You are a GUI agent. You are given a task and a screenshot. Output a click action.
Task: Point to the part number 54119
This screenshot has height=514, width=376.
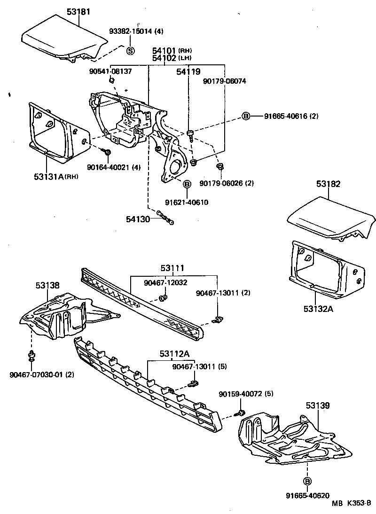(x=188, y=72)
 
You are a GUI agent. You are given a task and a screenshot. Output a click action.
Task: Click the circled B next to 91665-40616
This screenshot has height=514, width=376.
(x=245, y=116)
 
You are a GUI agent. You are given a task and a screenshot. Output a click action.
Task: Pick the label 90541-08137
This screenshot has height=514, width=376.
(x=110, y=71)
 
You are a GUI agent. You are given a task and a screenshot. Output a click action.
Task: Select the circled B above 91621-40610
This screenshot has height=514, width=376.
(x=187, y=184)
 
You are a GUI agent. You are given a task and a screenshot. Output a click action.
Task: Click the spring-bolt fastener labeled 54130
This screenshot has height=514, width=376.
(x=166, y=218)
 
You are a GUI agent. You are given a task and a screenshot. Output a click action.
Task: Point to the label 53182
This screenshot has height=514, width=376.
(x=328, y=184)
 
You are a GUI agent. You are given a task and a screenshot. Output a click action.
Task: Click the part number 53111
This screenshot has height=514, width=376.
(x=172, y=268)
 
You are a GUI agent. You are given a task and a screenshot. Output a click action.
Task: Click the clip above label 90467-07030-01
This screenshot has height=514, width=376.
(x=31, y=356)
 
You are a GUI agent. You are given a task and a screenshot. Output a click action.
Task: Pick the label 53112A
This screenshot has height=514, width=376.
(x=165, y=354)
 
